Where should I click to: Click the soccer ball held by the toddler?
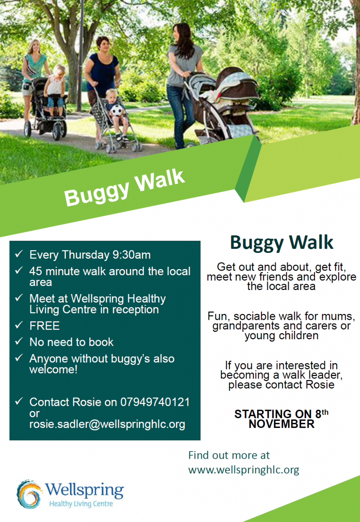tap(116, 111)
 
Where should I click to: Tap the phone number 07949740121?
tap(155, 402)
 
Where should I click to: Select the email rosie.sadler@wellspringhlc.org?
tap(107, 424)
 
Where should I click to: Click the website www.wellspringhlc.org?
tap(244, 470)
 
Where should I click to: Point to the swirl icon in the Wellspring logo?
tap(29, 494)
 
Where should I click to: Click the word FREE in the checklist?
tap(44, 326)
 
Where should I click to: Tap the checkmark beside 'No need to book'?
tap(19, 342)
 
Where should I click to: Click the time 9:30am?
tap(132, 255)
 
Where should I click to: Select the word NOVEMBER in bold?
tap(281, 424)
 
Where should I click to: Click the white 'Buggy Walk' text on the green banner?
tap(124, 187)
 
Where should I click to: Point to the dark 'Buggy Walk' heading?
tap(281, 243)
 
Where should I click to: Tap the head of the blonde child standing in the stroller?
tap(59, 70)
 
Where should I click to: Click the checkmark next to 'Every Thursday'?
tap(19, 254)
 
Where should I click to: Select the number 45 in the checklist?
tap(36, 271)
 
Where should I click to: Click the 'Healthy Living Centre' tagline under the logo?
tap(81, 504)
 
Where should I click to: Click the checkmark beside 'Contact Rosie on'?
tap(19, 401)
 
